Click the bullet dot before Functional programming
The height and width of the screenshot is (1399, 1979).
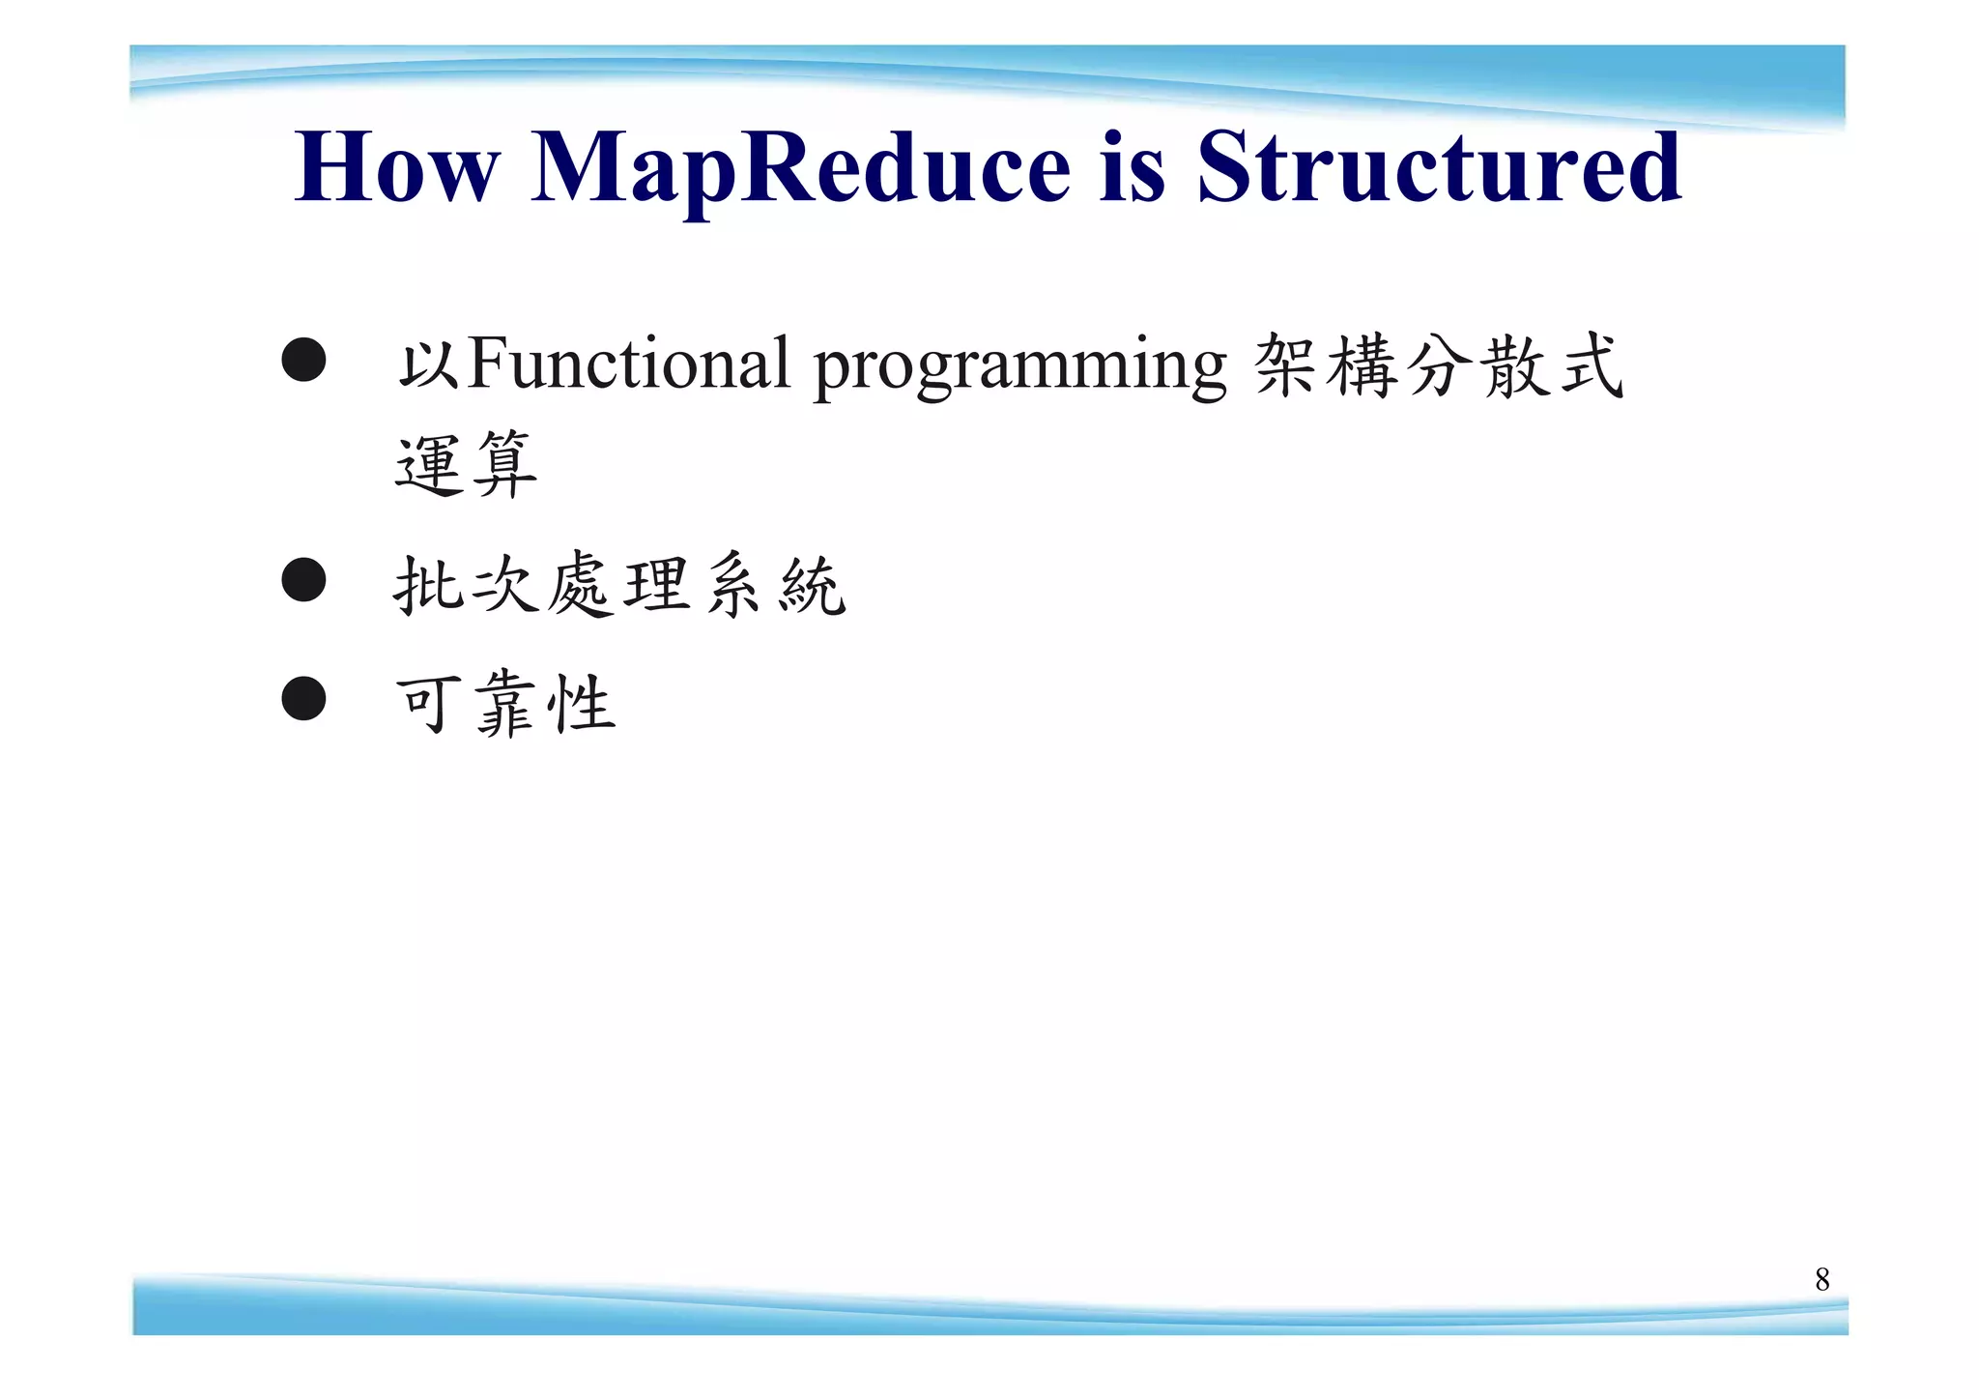point(303,360)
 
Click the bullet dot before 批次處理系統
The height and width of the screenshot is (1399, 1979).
point(303,580)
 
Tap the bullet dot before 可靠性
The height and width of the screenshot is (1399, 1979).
point(303,698)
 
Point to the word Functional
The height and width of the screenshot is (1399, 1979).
point(628,364)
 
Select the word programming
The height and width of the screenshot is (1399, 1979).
point(1019,367)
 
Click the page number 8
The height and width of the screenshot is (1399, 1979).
point(1821,1279)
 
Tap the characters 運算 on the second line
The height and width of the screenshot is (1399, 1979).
point(466,465)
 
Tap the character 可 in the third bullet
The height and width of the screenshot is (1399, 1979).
point(426,704)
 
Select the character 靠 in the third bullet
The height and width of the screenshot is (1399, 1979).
point(505,704)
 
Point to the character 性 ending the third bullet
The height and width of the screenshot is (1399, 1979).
point(581,704)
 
